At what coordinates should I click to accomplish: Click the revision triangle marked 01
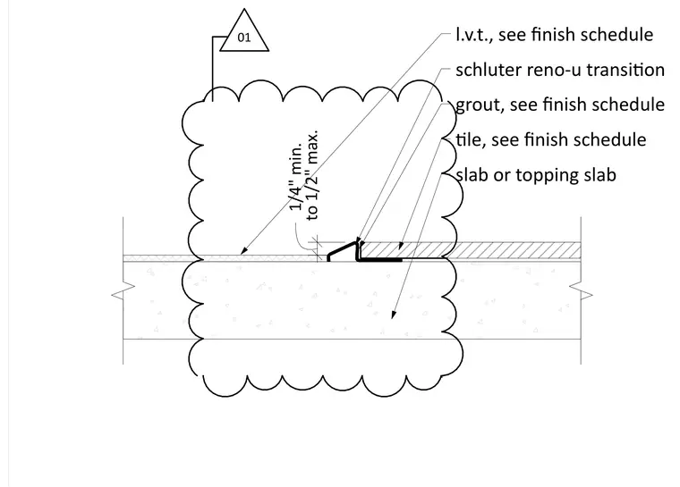coord(244,32)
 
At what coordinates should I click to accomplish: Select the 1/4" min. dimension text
coord(296,178)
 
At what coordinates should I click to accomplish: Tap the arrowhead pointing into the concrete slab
coord(394,315)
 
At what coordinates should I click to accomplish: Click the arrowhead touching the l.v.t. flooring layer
coord(243,250)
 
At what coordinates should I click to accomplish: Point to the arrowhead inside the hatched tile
coord(401,246)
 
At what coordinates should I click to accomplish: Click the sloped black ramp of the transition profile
coord(342,249)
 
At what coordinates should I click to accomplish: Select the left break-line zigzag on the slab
coord(123,290)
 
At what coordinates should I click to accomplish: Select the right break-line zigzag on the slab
coord(581,290)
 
